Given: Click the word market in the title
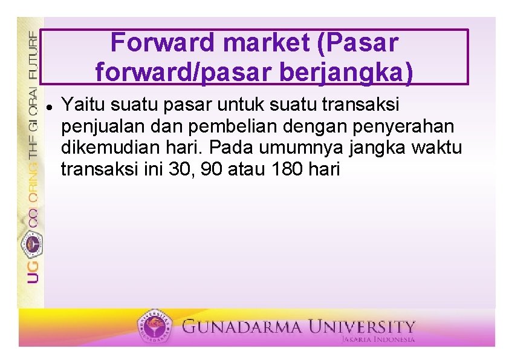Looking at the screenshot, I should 258,43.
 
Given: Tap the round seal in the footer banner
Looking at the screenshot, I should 156,327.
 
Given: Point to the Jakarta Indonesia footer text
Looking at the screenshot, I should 378,340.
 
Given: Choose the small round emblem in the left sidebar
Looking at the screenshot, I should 31,243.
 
